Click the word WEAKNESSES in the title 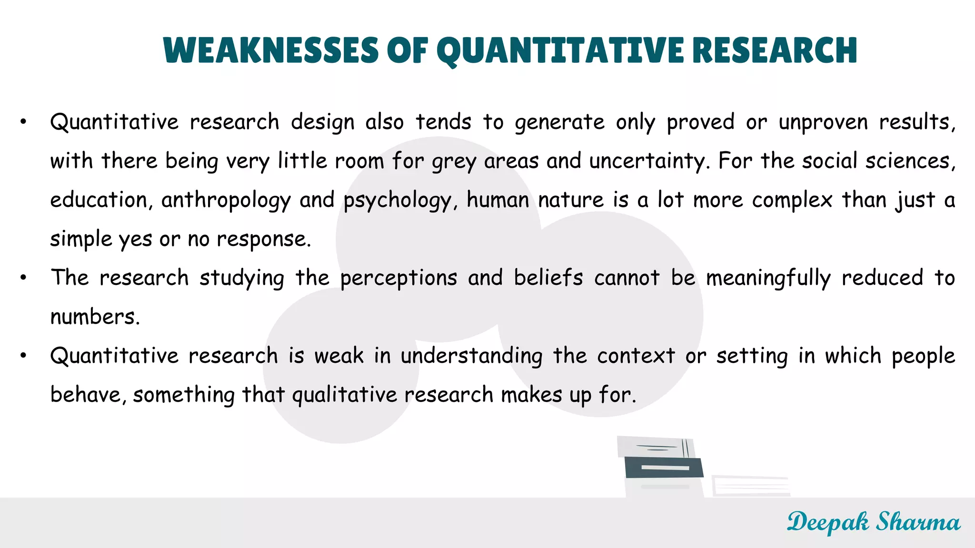coord(270,50)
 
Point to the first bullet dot coord(23,122)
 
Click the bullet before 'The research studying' coord(23,278)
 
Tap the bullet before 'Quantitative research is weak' coord(23,356)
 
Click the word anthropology coord(226,200)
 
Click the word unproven coord(823,122)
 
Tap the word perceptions coord(398,278)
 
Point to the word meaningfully coord(768,278)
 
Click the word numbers coord(95,317)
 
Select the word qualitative coord(344,395)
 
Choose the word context coord(636,356)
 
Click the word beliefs coord(548,278)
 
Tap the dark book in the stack coord(663,467)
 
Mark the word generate coord(560,123)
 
